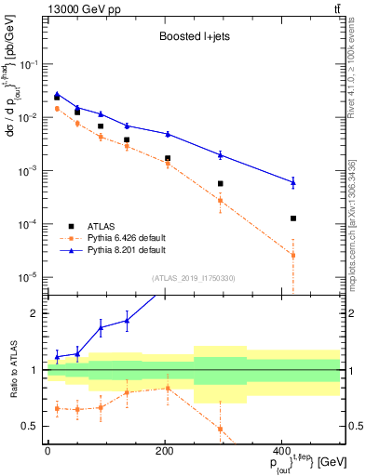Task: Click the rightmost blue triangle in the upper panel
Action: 293,182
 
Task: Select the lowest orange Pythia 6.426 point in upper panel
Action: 293,255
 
